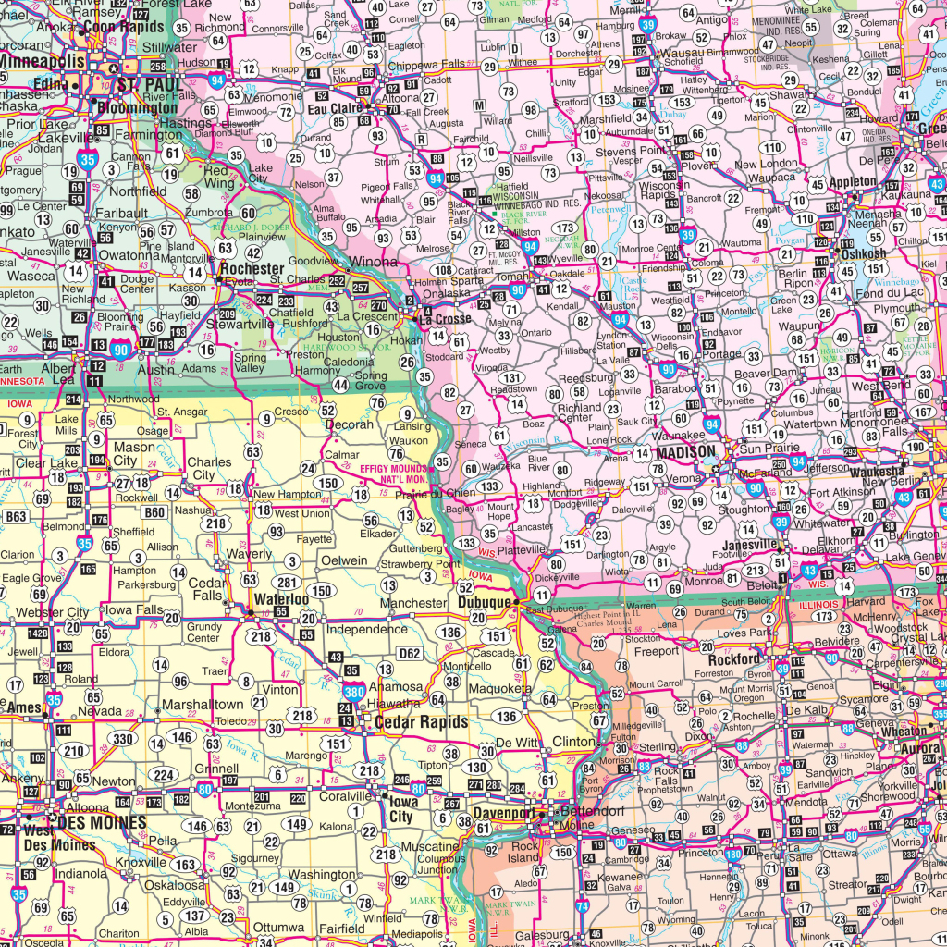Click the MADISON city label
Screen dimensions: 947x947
click(x=685, y=452)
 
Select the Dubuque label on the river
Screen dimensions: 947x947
click(x=484, y=603)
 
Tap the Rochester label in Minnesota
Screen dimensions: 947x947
click(x=252, y=268)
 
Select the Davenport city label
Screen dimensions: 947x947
click(x=505, y=814)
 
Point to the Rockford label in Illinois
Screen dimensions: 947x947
click(x=734, y=659)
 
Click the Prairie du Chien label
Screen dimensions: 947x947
click(x=436, y=493)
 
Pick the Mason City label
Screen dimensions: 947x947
click(x=134, y=454)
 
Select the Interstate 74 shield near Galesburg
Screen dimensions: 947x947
click(x=581, y=907)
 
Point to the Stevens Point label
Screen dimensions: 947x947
click(x=632, y=150)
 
